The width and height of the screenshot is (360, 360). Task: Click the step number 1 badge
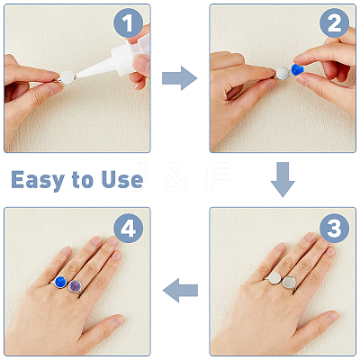click(129, 23)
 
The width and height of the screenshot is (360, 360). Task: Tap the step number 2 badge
click(334, 23)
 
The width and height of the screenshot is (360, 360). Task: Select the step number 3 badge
click(334, 229)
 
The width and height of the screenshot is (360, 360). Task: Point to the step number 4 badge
click(129, 229)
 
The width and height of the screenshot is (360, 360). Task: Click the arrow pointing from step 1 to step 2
click(179, 78)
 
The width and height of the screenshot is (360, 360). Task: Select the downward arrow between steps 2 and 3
click(283, 179)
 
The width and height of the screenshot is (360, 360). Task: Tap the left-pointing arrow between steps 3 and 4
click(180, 290)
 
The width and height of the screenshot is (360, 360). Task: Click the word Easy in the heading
click(38, 180)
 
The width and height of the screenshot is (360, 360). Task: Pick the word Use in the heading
click(122, 180)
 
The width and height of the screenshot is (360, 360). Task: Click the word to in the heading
click(83, 180)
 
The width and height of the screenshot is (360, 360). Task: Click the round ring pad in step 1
click(67, 76)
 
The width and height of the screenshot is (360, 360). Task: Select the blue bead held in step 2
click(297, 69)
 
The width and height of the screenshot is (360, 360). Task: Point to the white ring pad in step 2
click(283, 74)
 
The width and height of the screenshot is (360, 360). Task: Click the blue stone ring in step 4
click(60, 283)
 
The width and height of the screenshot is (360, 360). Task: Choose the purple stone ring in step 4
click(75, 286)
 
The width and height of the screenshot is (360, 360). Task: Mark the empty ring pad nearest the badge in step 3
click(289, 283)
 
